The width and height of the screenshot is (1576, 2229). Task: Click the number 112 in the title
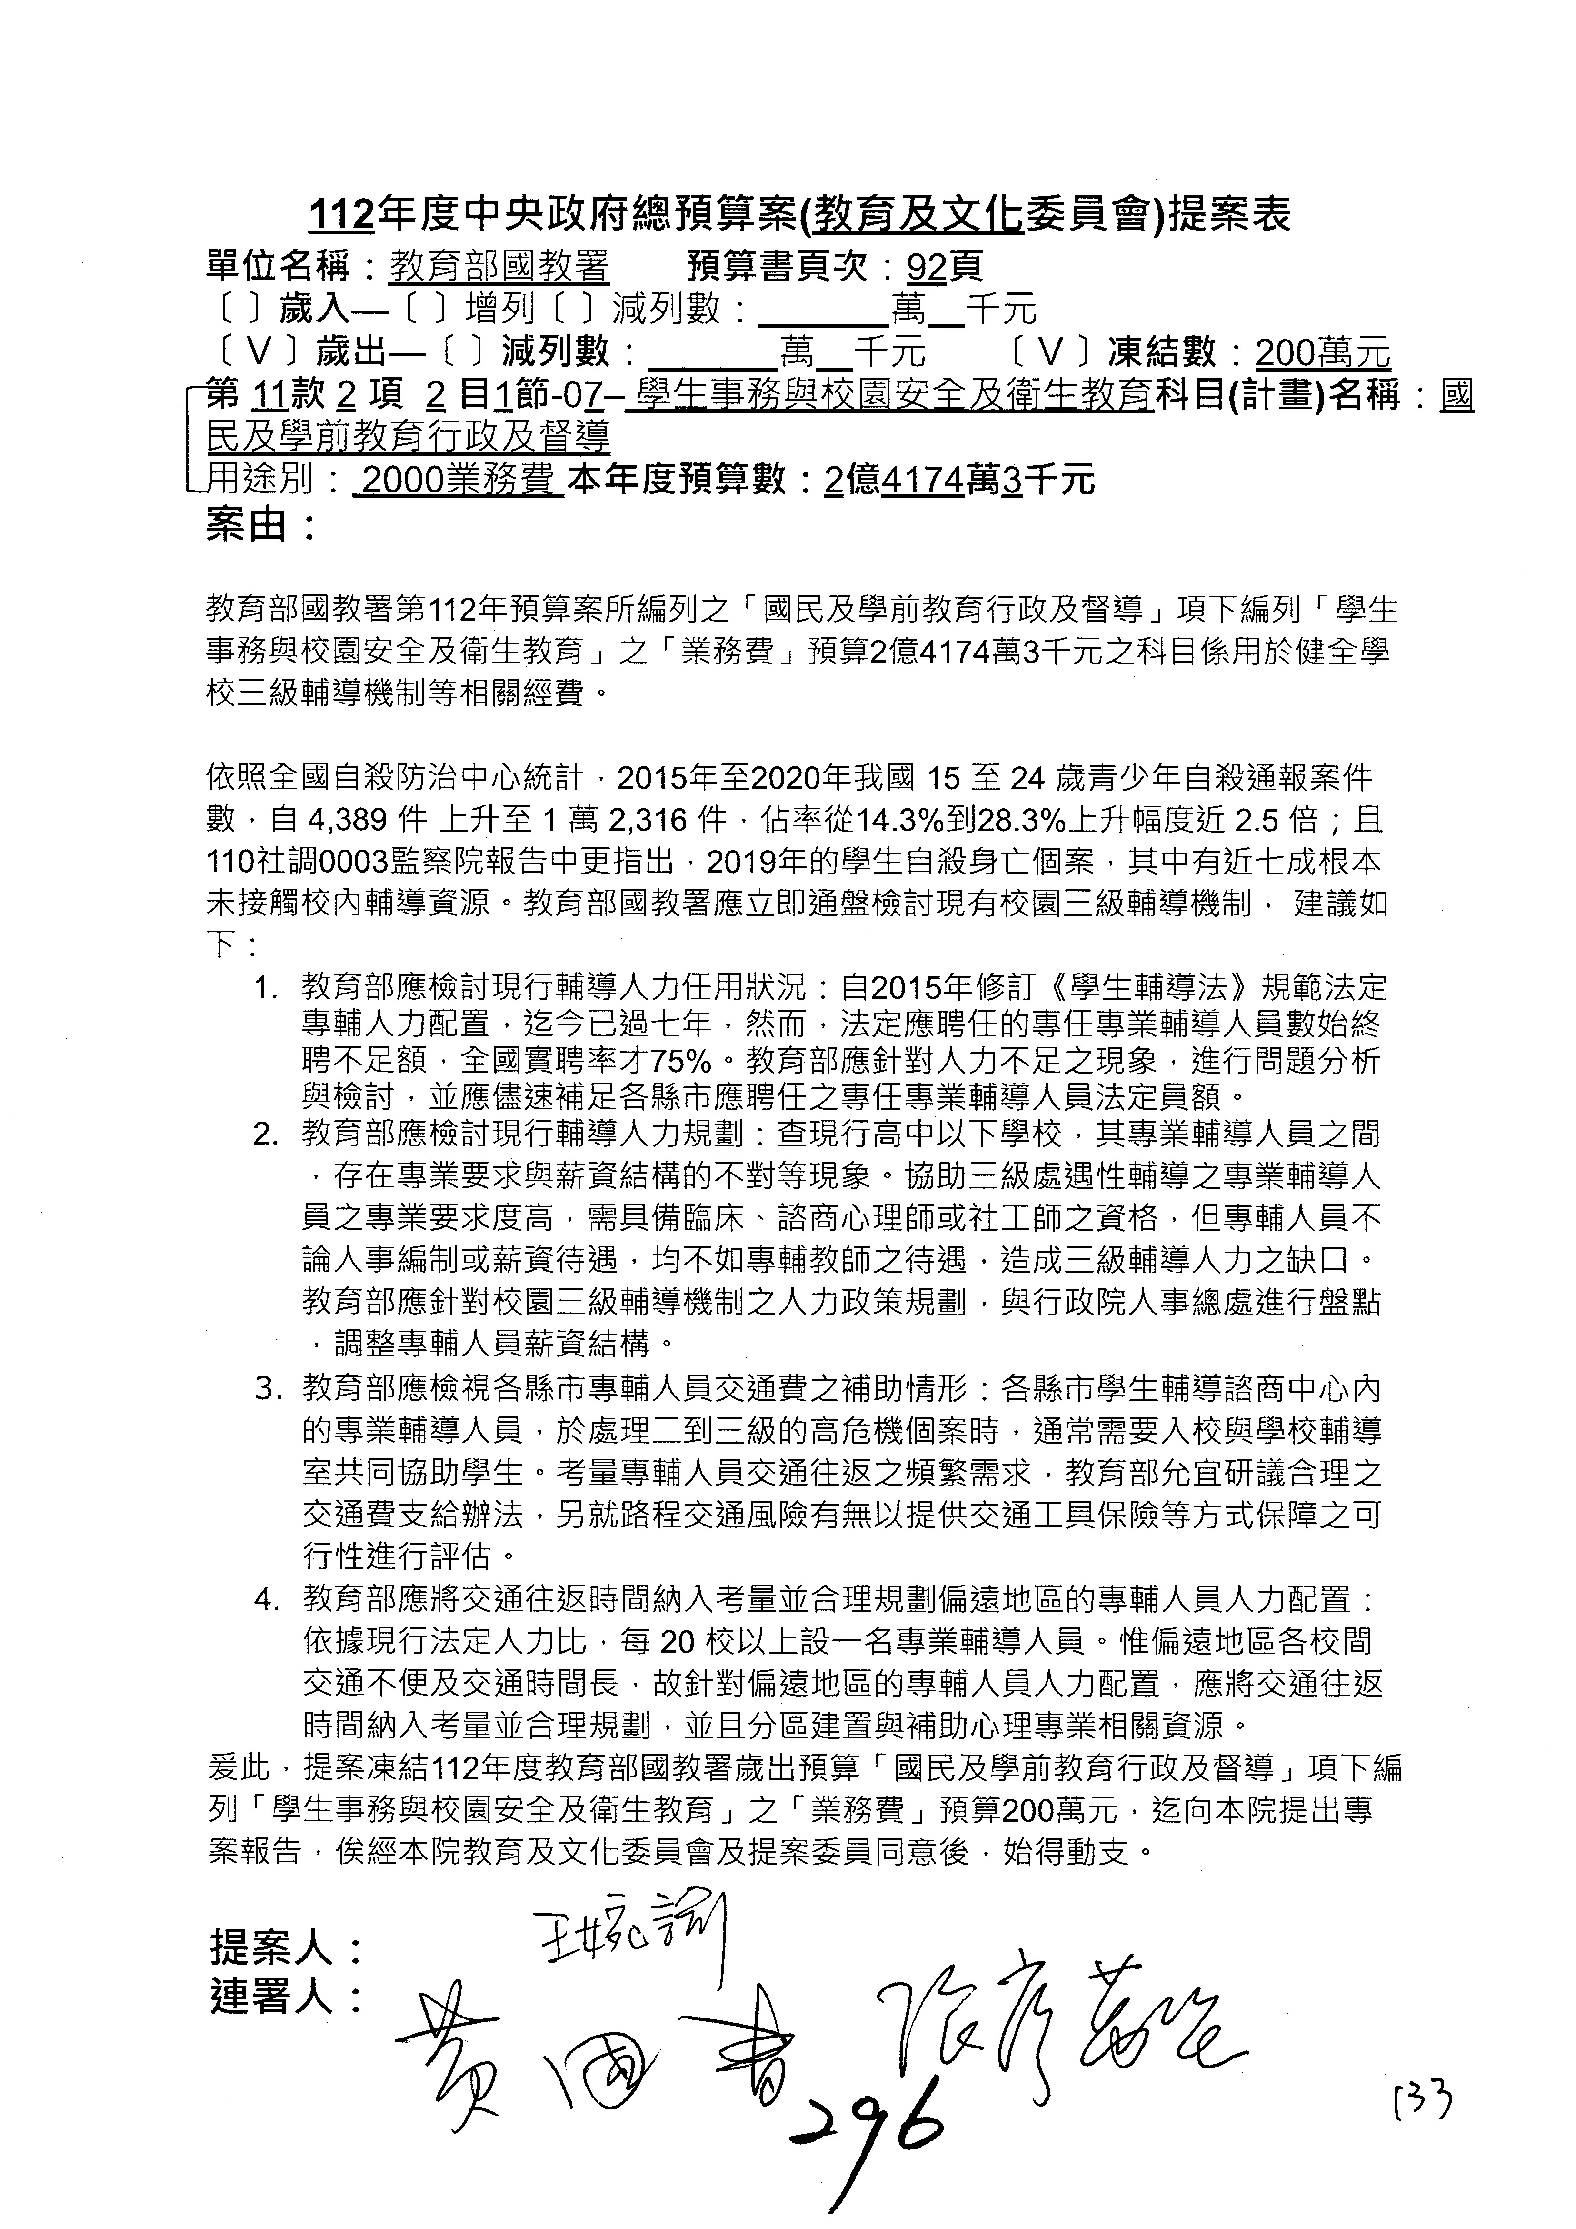point(341,216)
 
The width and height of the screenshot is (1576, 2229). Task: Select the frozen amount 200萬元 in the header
point(1322,351)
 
